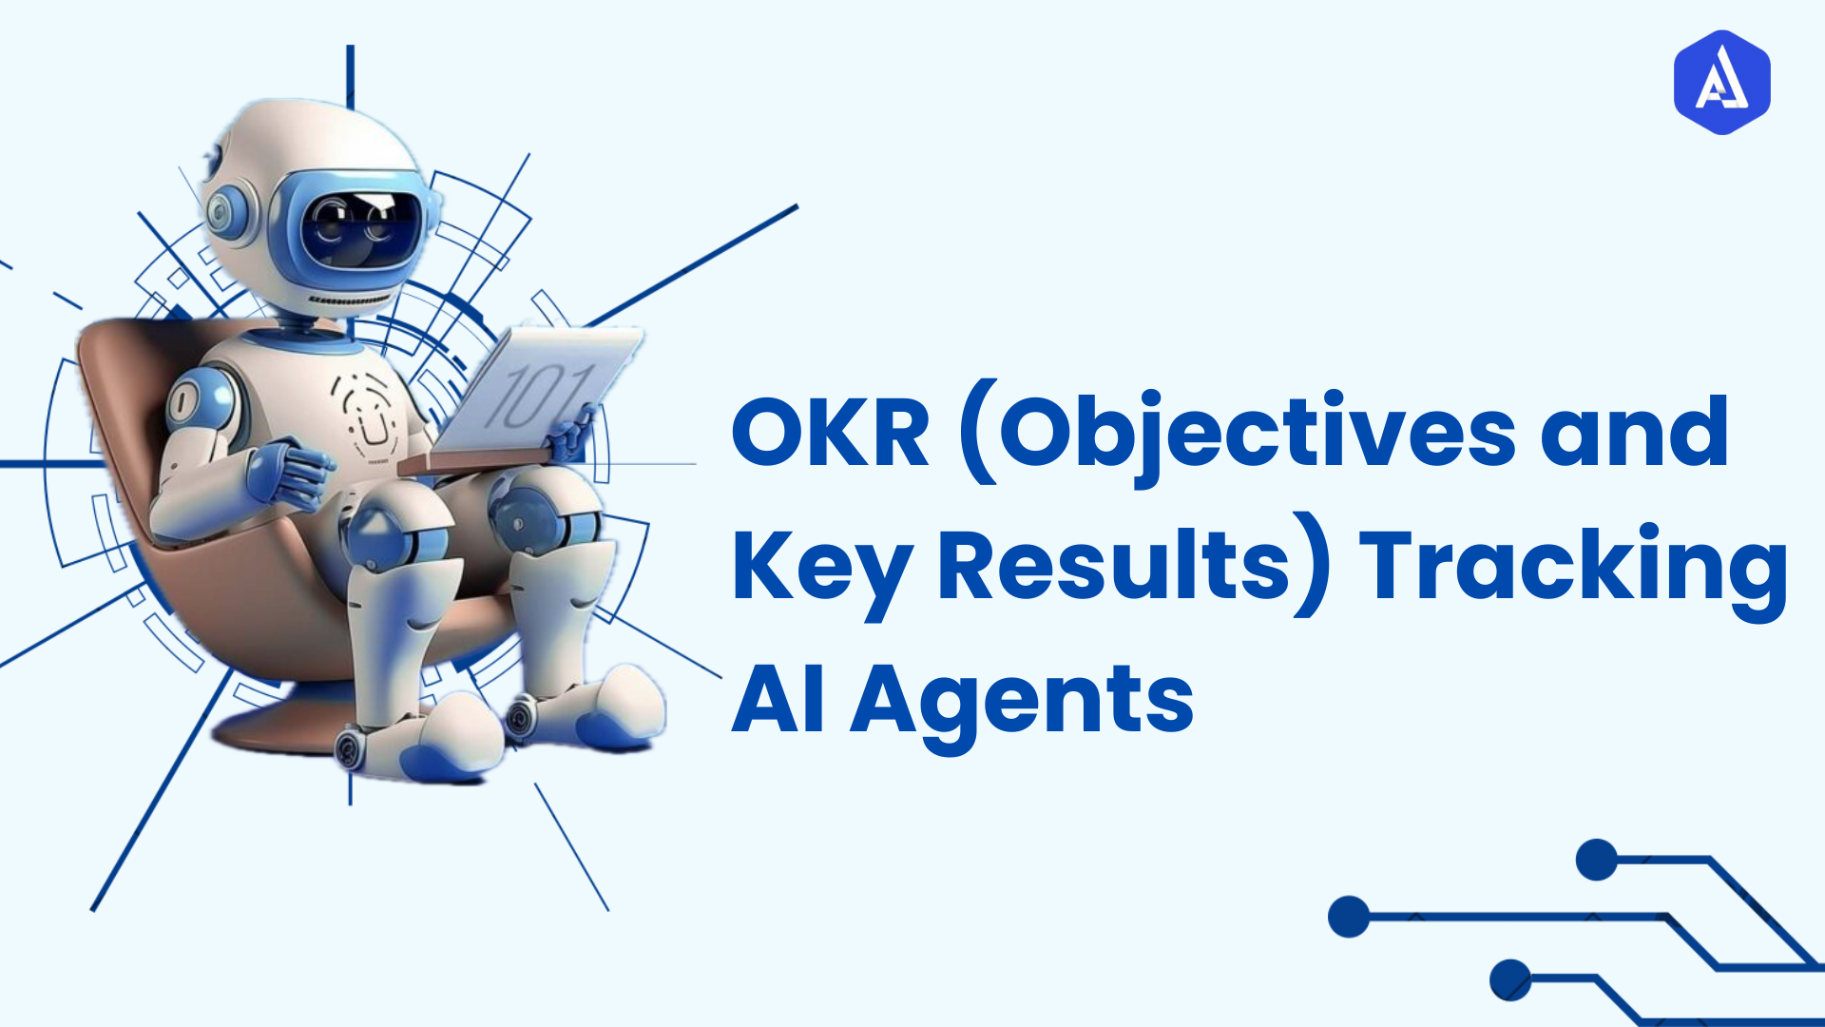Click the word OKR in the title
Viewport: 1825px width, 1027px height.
[830, 434]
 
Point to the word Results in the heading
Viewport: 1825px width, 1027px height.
[1113, 567]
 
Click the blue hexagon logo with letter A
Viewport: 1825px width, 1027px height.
[1721, 82]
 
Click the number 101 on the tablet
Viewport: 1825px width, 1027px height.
[538, 396]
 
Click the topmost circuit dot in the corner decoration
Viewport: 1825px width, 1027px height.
[1597, 860]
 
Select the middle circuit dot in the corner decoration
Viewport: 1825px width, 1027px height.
[1349, 917]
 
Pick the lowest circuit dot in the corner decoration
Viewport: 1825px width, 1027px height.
[1510, 979]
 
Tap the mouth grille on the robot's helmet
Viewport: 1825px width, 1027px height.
[348, 300]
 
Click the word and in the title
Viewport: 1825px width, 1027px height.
[1634, 434]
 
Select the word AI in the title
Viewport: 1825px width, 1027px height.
[778, 702]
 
